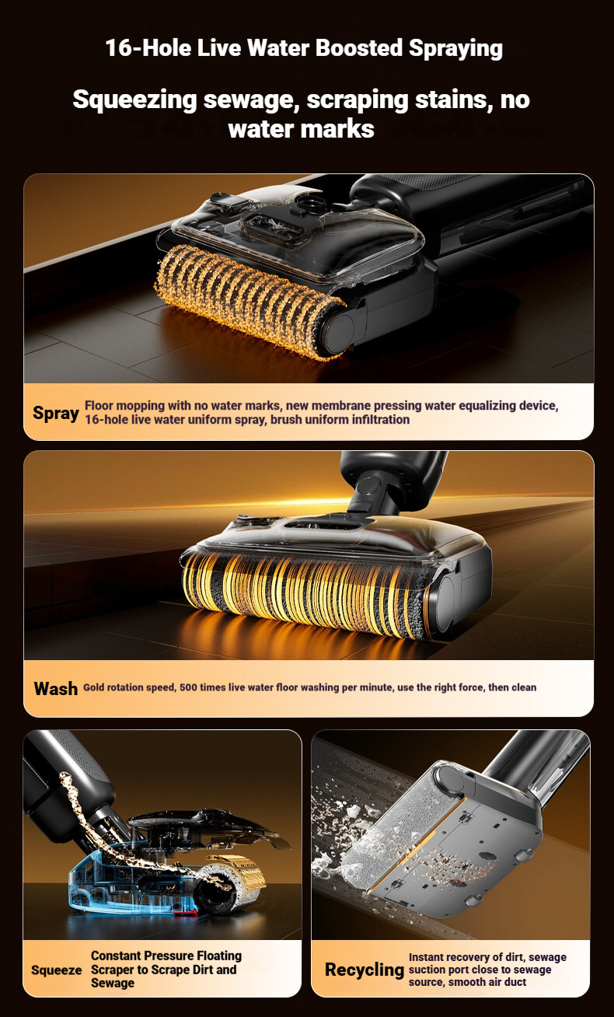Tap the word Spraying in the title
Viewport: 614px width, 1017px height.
(x=455, y=49)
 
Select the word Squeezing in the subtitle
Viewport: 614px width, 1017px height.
(x=134, y=100)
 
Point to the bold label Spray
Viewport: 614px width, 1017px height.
(x=56, y=414)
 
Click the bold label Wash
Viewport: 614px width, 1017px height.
(x=56, y=688)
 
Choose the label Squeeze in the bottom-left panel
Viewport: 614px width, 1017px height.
(x=57, y=970)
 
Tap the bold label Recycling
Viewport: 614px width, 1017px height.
(x=365, y=970)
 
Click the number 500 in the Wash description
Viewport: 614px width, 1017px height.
(x=188, y=687)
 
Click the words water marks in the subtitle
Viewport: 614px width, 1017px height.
(x=302, y=129)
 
